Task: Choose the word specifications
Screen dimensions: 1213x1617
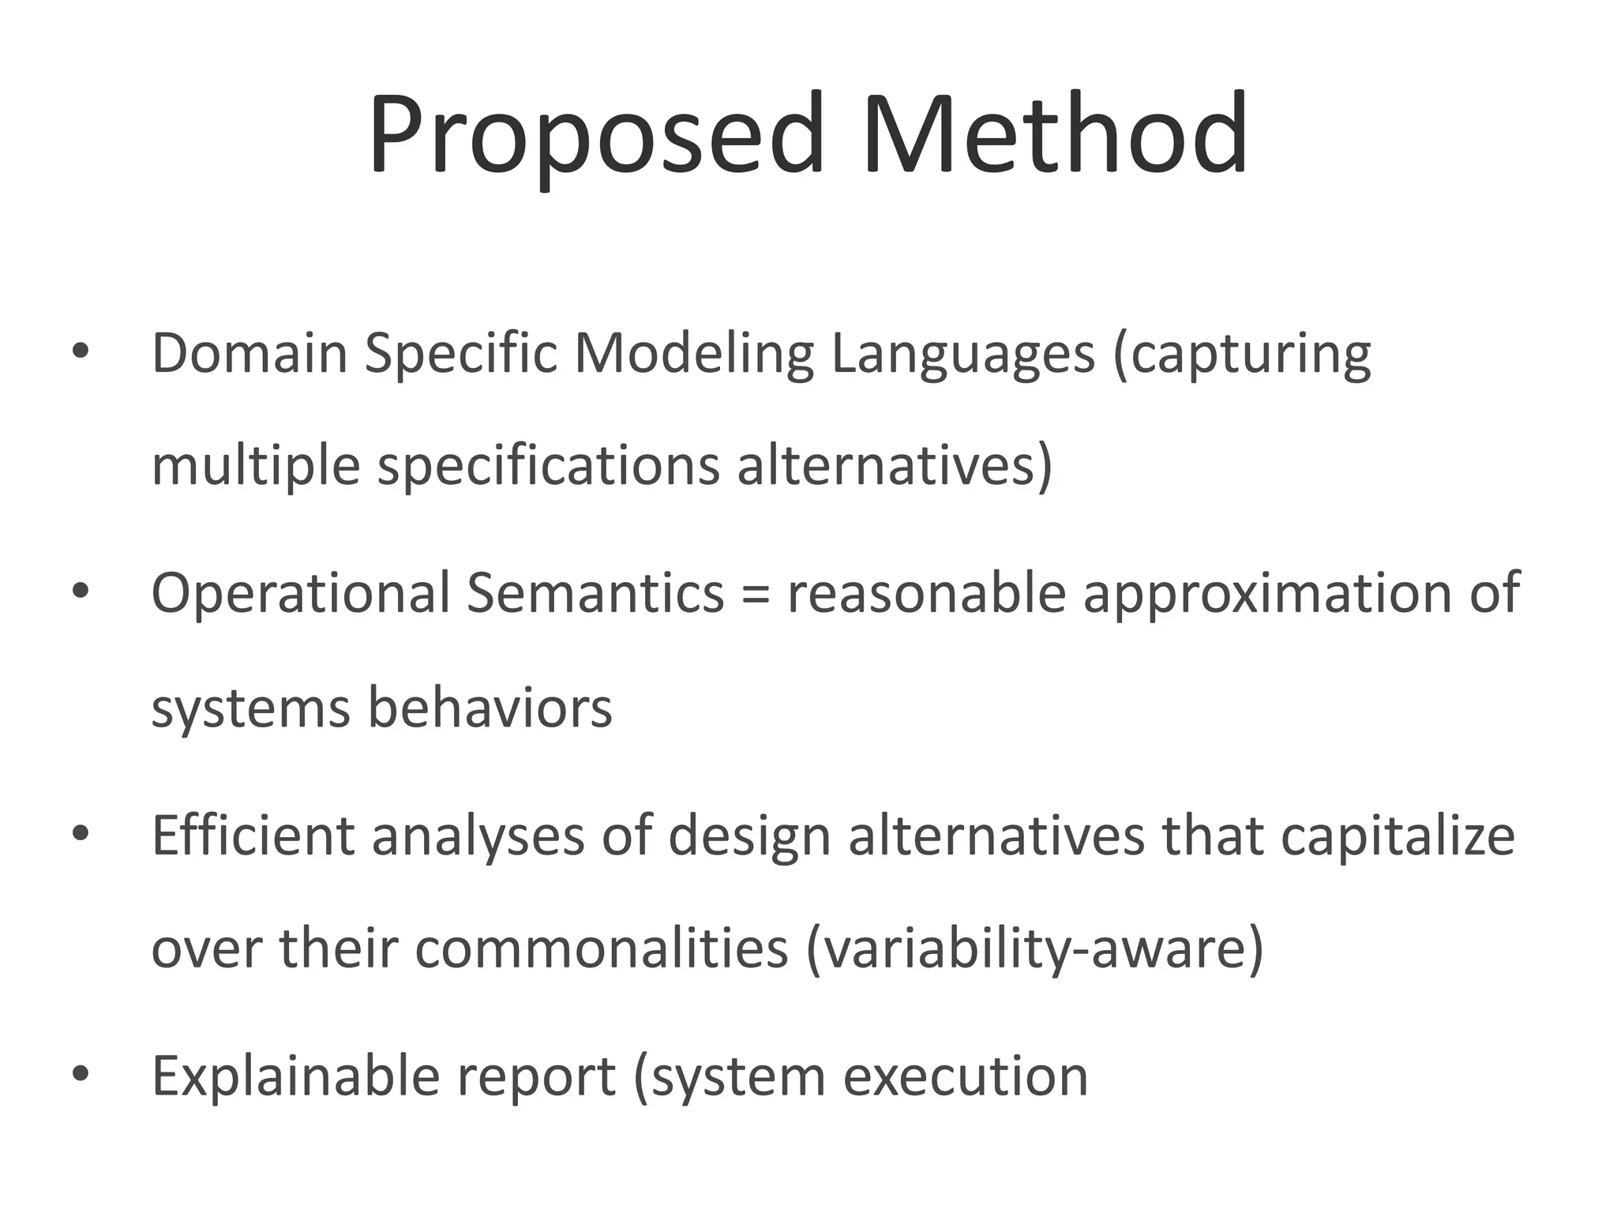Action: [x=549, y=467]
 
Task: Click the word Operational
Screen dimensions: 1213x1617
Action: [x=300, y=593]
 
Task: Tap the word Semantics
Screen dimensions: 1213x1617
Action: [x=595, y=593]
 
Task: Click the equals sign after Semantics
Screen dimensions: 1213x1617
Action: [x=756, y=595]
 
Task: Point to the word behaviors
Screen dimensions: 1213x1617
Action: [x=490, y=708]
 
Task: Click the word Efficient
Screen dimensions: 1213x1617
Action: [x=253, y=835]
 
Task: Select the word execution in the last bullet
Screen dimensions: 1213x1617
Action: [x=966, y=1076]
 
